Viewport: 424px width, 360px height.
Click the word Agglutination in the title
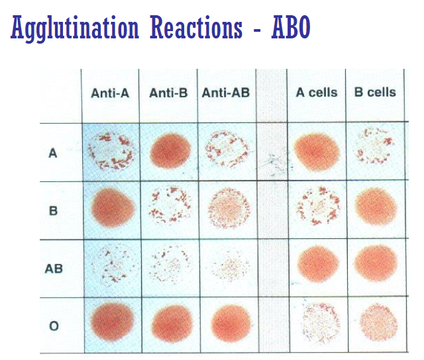[75, 28]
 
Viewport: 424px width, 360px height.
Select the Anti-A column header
[110, 93]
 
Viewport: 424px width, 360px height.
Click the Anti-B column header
[169, 93]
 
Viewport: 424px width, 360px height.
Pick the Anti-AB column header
[226, 93]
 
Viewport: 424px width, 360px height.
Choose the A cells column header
[316, 93]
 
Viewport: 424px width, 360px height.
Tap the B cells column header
[375, 93]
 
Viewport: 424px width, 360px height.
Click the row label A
[53, 152]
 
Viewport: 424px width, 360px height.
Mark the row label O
[53, 326]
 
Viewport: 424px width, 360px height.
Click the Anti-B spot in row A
[170, 151]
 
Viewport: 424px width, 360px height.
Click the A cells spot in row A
[317, 150]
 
